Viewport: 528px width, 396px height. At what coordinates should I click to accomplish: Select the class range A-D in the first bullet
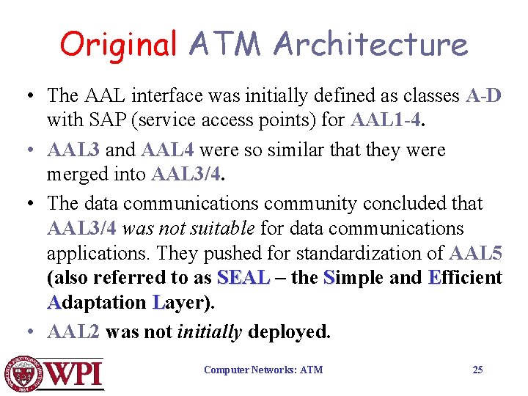[x=483, y=96]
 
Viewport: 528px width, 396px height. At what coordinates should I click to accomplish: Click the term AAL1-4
[x=387, y=120]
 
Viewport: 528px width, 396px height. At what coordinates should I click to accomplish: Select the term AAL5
[x=475, y=254]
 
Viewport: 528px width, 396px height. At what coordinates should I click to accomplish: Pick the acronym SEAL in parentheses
[x=244, y=278]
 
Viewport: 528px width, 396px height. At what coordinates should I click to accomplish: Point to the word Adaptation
[x=97, y=303]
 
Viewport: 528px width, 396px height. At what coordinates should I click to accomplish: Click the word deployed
[x=290, y=331]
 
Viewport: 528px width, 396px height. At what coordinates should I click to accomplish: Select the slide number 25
[x=477, y=370]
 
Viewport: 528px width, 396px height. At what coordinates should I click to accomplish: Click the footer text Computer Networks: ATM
[x=263, y=370]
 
